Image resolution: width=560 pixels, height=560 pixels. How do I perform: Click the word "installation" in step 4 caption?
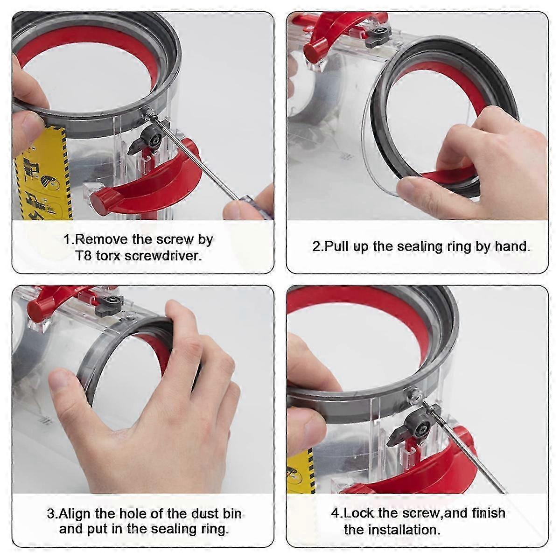click(x=403, y=530)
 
